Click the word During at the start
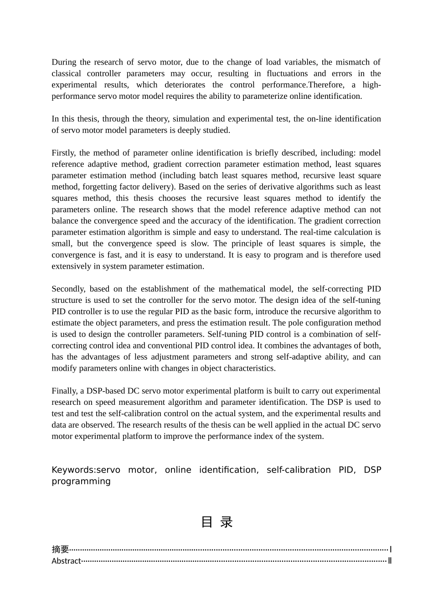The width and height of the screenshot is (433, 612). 63,62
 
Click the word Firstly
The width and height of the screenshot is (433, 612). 63,153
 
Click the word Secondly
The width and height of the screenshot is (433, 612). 68,289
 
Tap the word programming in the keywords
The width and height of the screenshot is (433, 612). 81,481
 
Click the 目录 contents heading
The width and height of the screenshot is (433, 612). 216,522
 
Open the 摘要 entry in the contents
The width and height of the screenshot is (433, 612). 60,549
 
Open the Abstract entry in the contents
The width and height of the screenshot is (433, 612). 66,561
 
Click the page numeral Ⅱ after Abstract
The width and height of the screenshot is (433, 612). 390,561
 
